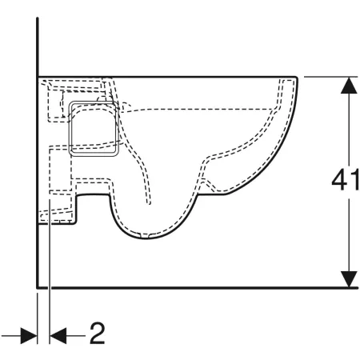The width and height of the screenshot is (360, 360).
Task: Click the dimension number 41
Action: (x=346, y=181)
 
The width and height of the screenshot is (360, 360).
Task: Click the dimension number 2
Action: (x=97, y=333)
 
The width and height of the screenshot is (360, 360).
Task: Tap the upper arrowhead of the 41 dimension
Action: (x=349, y=85)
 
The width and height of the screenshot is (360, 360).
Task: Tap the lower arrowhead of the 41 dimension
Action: (x=349, y=279)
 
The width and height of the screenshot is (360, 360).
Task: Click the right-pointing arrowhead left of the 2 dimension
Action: (x=29, y=336)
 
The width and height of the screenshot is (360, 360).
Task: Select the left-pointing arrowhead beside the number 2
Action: (x=58, y=336)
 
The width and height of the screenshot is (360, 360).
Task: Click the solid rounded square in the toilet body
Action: (x=94, y=128)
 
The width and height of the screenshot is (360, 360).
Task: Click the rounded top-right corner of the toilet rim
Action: (x=295, y=78)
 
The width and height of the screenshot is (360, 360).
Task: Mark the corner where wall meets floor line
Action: (x=38, y=288)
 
